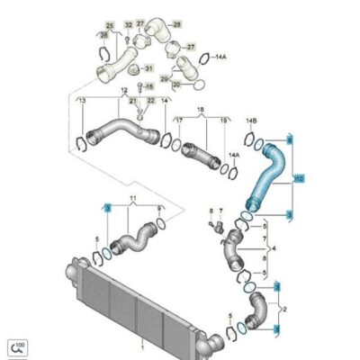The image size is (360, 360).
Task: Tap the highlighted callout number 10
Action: [299, 179]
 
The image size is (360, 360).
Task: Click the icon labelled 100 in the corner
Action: [18, 345]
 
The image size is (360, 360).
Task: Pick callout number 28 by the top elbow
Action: [175, 22]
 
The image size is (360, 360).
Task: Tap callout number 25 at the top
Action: [110, 22]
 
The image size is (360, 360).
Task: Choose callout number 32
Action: [129, 22]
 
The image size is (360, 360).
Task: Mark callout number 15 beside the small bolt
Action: [150, 87]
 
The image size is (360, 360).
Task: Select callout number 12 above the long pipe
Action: [122, 91]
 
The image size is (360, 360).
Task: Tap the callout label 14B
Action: [252, 119]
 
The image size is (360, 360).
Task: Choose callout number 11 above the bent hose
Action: [134, 196]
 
